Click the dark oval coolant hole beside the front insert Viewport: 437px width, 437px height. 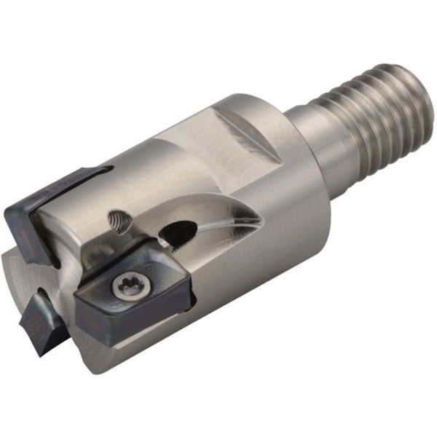[x=177, y=233]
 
